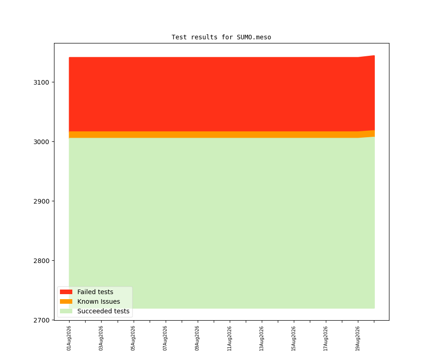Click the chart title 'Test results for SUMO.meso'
pos(221,37)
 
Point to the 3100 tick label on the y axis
pos(41,82)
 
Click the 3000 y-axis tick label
pos(41,142)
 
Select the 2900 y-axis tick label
pos(41,201)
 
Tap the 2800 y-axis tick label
pos(41,261)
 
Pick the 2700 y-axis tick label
pos(41,320)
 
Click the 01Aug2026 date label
pos(69,338)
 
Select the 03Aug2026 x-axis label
pos(101,338)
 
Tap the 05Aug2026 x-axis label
pos(133,338)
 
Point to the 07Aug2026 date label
pos(165,338)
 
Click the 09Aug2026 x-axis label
pos(197,338)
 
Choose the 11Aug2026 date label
pos(229,338)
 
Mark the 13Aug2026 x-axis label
pos(261,338)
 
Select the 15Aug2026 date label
pos(293,338)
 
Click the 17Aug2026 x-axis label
pos(325,338)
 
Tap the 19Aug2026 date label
pos(357,338)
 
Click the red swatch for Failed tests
pos(66,292)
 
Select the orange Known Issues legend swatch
pos(66,301)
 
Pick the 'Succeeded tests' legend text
pos(103,311)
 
